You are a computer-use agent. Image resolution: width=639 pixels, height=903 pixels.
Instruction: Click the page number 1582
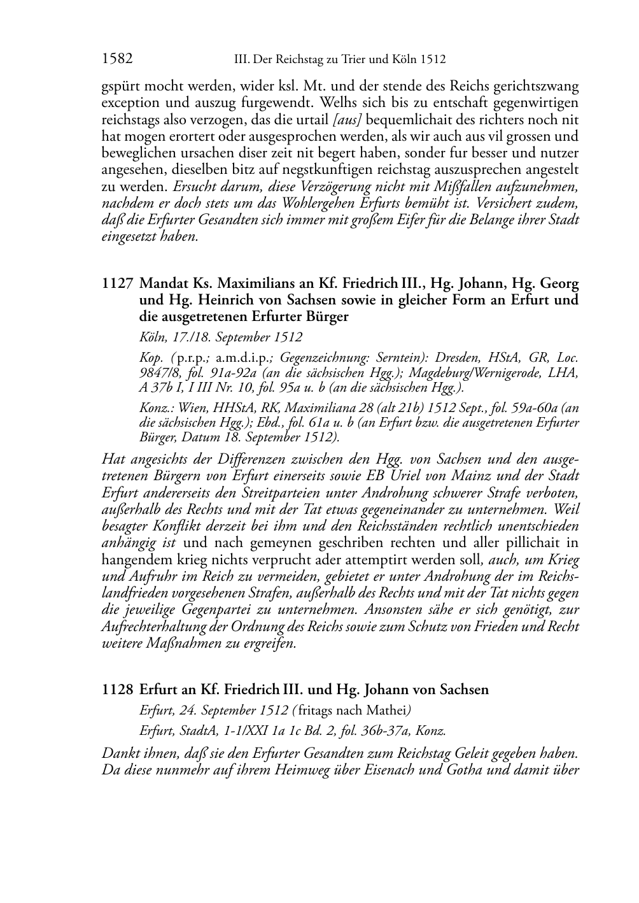click(x=117, y=59)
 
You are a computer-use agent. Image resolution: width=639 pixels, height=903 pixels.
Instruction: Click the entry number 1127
click(x=117, y=283)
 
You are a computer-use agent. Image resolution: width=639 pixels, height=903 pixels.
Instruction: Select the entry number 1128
click(x=117, y=690)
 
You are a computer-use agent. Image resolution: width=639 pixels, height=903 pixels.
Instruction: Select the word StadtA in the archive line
click(x=196, y=731)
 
